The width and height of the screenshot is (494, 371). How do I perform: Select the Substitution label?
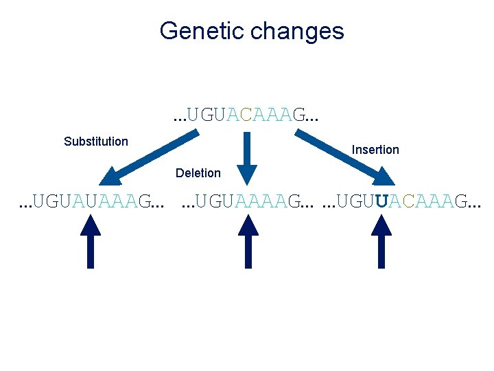pyautogui.click(x=95, y=142)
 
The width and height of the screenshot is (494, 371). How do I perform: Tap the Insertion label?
pyautogui.click(x=375, y=150)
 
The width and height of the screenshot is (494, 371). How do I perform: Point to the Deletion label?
pyautogui.click(x=198, y=173)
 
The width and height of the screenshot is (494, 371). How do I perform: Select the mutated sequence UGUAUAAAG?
pyautogui.click(x=91, y=202)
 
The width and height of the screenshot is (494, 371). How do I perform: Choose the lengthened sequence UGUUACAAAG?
pyautogui.click(x=401, y=202)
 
